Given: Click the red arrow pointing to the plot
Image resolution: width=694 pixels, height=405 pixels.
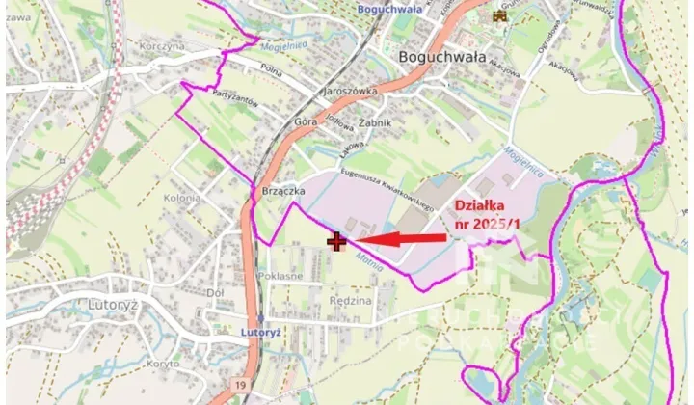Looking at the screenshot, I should click(x=400, y=238).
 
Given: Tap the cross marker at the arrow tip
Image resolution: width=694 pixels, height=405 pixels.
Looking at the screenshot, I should click(x=336, y=241).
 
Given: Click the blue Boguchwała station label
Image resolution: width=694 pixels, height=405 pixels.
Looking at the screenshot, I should click(x=390, y=11).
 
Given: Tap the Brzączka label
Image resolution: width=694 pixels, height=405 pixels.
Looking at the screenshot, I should click(x=283, y=191).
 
